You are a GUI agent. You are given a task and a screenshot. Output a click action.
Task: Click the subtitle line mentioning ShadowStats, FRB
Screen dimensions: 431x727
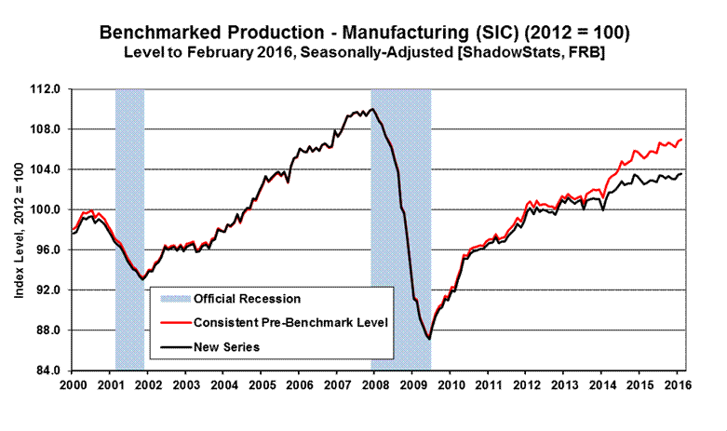coord(363,53)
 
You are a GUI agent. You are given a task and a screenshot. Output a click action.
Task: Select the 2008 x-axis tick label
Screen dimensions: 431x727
coord(374,384)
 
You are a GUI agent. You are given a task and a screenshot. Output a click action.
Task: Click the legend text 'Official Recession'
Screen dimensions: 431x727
coord(248,299)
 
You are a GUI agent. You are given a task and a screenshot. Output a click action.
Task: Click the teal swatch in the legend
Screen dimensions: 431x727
coord(175,299)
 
